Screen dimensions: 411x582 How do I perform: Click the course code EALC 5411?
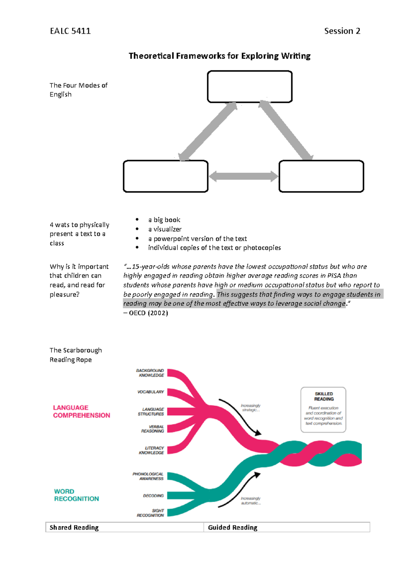[70, 31]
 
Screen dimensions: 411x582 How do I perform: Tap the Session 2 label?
[342, 31]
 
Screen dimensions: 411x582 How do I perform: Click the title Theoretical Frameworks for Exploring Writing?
[220, 56]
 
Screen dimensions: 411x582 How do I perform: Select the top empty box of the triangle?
[250, 87]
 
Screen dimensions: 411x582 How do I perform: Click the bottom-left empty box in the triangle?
[165, 176]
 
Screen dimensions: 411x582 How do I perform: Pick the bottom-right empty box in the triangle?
[321, 176]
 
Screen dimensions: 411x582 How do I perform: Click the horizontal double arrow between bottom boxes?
[244, 177]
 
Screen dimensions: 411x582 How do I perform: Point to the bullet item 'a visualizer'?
[165, 229]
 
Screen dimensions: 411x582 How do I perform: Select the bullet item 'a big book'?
[164, 220]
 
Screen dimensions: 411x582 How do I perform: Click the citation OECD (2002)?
[146, 313]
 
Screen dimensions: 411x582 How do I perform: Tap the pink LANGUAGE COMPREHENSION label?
[82, 411]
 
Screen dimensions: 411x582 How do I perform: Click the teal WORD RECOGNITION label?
[76, 495]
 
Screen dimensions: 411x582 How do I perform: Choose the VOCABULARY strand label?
[151, 392]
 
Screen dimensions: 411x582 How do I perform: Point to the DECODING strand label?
[153, 496]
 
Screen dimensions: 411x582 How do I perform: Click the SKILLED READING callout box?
[323, 410]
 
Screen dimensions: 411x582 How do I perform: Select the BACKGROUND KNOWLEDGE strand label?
[150, 373]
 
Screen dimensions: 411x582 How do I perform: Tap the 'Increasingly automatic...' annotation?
[251, 501]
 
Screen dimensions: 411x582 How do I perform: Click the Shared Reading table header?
[74, 528]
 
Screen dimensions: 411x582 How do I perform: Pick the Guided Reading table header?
[233, 528]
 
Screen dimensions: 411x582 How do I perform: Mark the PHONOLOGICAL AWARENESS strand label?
[148, 476]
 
